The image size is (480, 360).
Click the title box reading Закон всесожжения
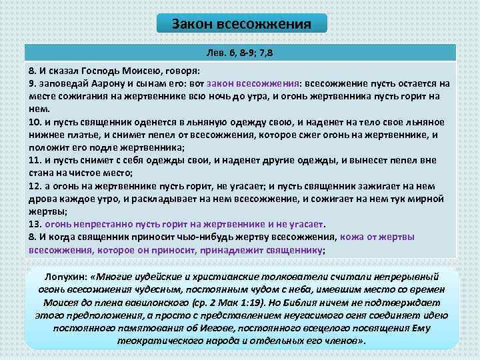point(241,24)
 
